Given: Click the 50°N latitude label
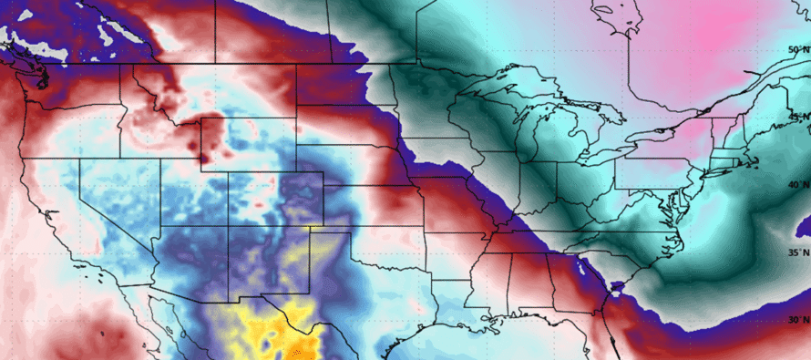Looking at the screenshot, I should (x=798, y=49).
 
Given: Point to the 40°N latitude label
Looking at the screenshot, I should (x=798, y=184).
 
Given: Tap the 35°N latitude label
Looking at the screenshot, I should (x=798, y=252).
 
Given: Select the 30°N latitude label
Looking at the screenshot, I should (x=798, y=319).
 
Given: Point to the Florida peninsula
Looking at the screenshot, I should (x=611, y=342).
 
